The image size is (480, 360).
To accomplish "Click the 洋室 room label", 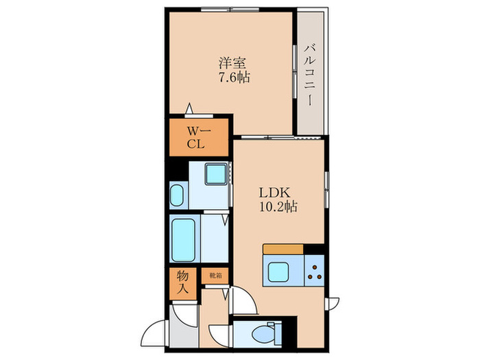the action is [x=232, y=63].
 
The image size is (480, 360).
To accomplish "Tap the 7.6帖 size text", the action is [x=234, y=77].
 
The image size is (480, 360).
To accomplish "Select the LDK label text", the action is [x=274, y=193].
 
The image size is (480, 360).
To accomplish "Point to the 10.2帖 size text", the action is [x=278, y=207].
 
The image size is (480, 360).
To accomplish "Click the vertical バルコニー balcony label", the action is [x=310, y=75].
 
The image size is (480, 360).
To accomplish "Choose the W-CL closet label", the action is [x=199, y=138].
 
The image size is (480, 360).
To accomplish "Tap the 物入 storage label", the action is [x=183, y=283].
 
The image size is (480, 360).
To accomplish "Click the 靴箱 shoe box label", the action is [x=215, y=276].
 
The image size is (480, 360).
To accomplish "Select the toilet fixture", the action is [x=267, y=333].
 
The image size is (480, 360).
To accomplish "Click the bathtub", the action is [x=183, y=240].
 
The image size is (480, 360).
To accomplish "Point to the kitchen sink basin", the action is [x=278, y=272].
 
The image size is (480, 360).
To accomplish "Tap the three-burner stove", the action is [x=314, y=270].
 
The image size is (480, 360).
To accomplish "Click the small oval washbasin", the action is [x=177, y=195].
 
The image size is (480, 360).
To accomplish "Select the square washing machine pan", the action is [x=216, y=174].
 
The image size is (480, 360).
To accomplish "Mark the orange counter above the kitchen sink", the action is [x=283, y=249].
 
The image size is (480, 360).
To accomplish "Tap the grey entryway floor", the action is [x=184, y=326].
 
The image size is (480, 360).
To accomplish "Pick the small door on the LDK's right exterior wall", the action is [x=332, y=304].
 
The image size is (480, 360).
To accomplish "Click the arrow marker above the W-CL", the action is [x=189, y=108].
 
